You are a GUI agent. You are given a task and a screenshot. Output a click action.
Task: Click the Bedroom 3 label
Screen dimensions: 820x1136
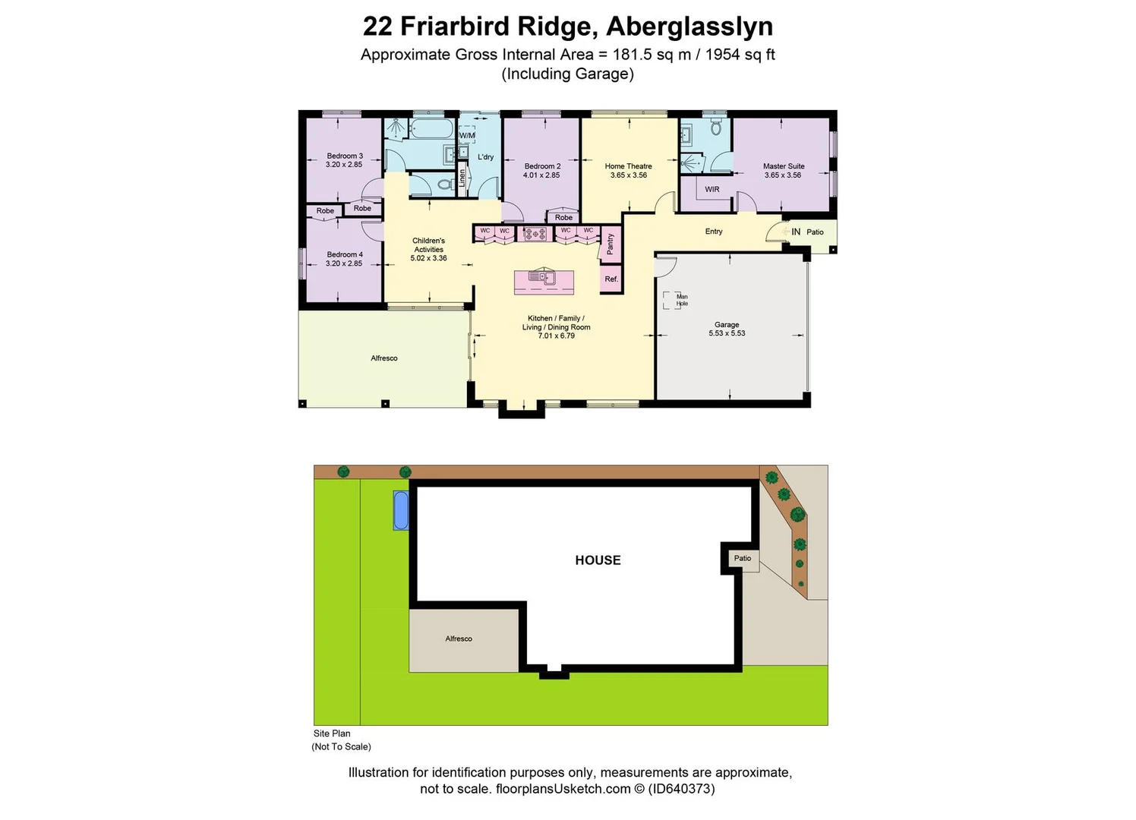345,156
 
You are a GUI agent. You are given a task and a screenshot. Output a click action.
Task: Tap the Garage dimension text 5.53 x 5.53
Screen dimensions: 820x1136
727,333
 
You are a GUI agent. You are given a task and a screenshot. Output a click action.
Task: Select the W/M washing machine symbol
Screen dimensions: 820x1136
467,136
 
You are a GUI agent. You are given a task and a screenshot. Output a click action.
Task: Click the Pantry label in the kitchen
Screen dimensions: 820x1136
611,244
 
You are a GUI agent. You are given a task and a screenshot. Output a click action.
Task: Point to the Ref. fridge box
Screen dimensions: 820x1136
611,279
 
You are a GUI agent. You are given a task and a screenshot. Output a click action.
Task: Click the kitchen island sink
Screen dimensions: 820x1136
542,278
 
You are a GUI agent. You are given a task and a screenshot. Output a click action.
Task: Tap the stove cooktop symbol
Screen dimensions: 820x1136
535,234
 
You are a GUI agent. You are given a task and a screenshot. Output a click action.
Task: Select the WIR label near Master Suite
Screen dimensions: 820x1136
712,190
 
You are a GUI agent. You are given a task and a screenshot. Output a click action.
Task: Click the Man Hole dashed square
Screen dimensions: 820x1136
671,300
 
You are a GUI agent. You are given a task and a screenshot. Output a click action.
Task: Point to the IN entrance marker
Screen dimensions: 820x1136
795,232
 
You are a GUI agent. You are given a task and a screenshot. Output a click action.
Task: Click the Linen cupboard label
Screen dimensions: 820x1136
462,178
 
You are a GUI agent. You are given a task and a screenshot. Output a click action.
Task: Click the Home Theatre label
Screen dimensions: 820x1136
628,166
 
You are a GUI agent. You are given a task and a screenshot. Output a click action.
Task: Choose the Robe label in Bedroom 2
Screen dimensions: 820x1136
563,218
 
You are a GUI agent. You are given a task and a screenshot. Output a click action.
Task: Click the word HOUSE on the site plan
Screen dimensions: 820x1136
598,560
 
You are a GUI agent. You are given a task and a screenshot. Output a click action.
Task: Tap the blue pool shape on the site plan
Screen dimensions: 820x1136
401,510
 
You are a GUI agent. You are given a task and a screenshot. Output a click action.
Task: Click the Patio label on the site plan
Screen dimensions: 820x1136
742,558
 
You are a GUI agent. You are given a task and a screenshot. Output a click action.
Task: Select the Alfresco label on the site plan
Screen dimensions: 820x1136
459,639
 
